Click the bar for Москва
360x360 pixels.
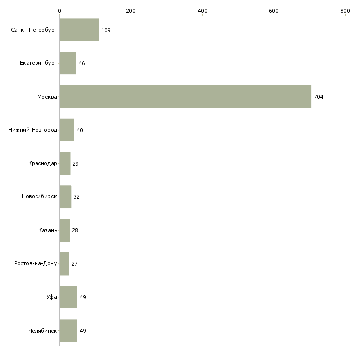click(185, 97)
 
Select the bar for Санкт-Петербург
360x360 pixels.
click(79, 30)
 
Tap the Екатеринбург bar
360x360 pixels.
click(68, 63)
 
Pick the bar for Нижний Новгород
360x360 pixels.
click(67, 130)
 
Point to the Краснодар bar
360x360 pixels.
click(65, 163)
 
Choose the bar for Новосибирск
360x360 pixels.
click(65, 197)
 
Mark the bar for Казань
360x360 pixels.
click(64, 230)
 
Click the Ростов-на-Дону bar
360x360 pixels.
click(64, 264)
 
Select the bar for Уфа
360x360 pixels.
click(68, 297)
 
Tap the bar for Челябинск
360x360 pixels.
click(68, 331)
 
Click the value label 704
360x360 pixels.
click(319, 97)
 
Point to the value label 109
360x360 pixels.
click(106, 30)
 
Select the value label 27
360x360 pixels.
click(75, 264)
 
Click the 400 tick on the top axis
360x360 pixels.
click(202, 11)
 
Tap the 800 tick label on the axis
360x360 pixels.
click(345, 11)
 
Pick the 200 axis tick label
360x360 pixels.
click(131, 11)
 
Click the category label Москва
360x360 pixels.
click(47, 97)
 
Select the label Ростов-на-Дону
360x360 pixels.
click(36, 264)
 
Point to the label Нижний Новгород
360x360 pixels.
click(33, 130)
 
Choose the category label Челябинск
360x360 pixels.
click(43, 331)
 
